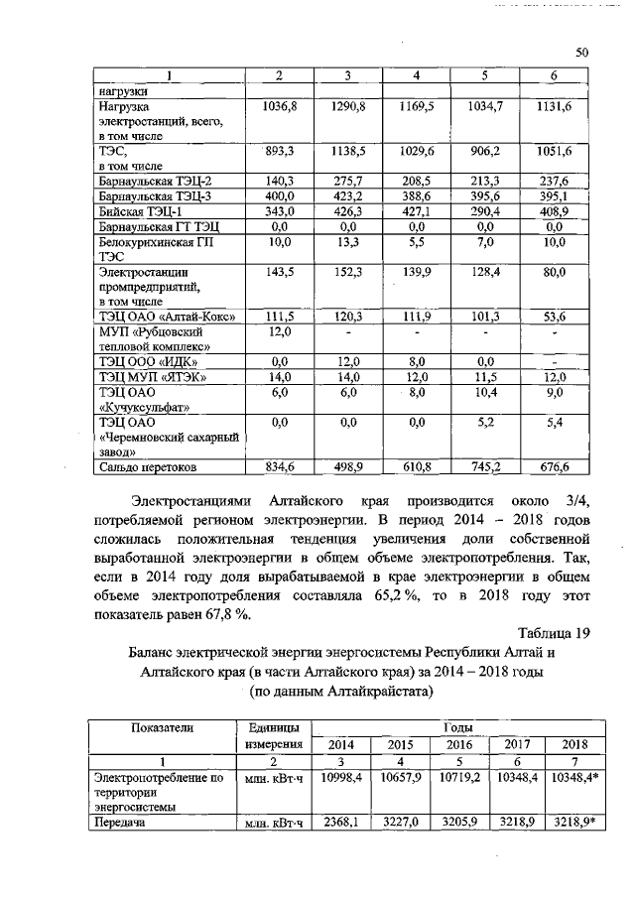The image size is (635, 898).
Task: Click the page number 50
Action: coord(582,53)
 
